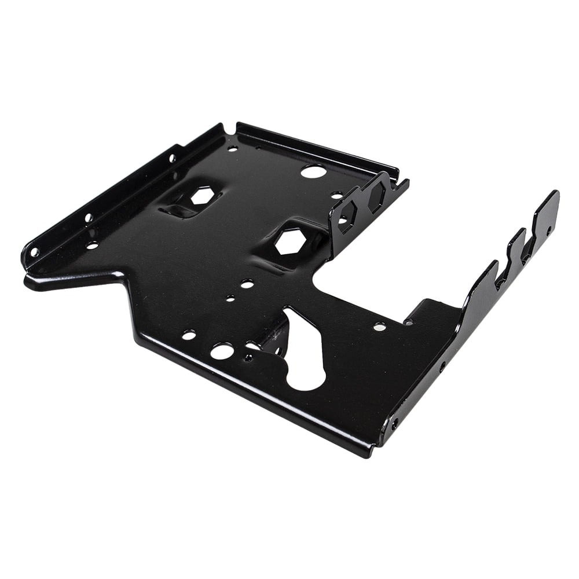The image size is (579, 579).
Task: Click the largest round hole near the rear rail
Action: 313,171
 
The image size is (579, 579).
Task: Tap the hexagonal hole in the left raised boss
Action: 201,196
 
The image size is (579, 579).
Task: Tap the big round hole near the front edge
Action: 222,350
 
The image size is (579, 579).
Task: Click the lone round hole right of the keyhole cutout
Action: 379,327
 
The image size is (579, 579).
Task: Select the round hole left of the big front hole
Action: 189,335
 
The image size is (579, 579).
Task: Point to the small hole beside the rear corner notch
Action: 232,148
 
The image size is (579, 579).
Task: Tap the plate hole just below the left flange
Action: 93,245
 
